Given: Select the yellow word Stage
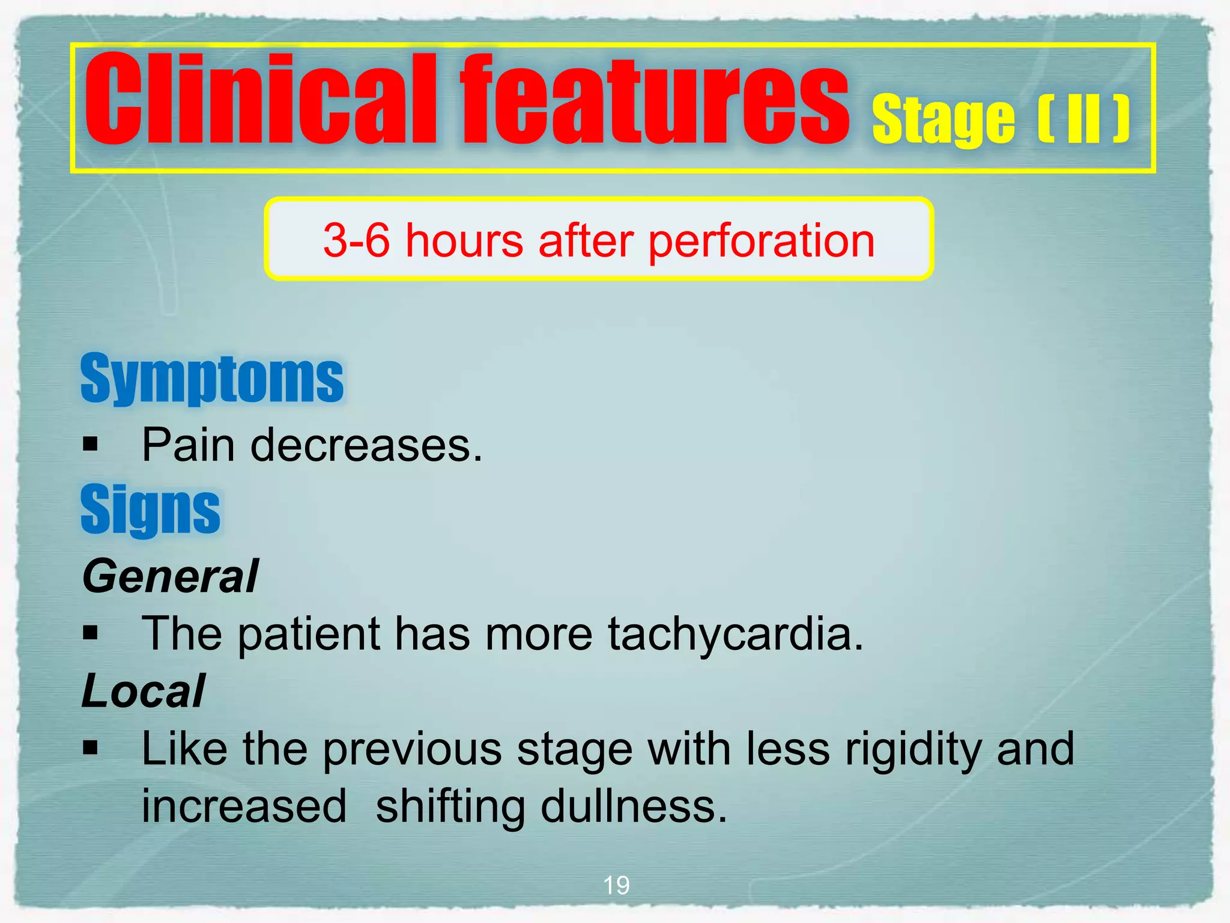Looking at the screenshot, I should coord(943,120).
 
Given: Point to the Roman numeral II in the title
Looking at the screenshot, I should coord(1084,120).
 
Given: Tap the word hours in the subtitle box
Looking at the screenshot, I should coord(464,240).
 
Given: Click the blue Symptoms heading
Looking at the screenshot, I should coord(212,379).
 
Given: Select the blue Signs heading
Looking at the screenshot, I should coord(151,510).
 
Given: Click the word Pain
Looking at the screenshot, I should coord(188,445).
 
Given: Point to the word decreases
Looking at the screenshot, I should coord(366,445).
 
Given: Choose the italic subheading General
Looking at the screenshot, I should coord(171,576).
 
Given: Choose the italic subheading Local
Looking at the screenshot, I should coord(144,691).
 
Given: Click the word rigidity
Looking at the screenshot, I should coord(913,750).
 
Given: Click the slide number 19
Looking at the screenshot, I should coord(616,885).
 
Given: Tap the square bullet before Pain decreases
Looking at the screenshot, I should coord(91,445).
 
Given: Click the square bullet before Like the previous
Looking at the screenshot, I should coord(91,748).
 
